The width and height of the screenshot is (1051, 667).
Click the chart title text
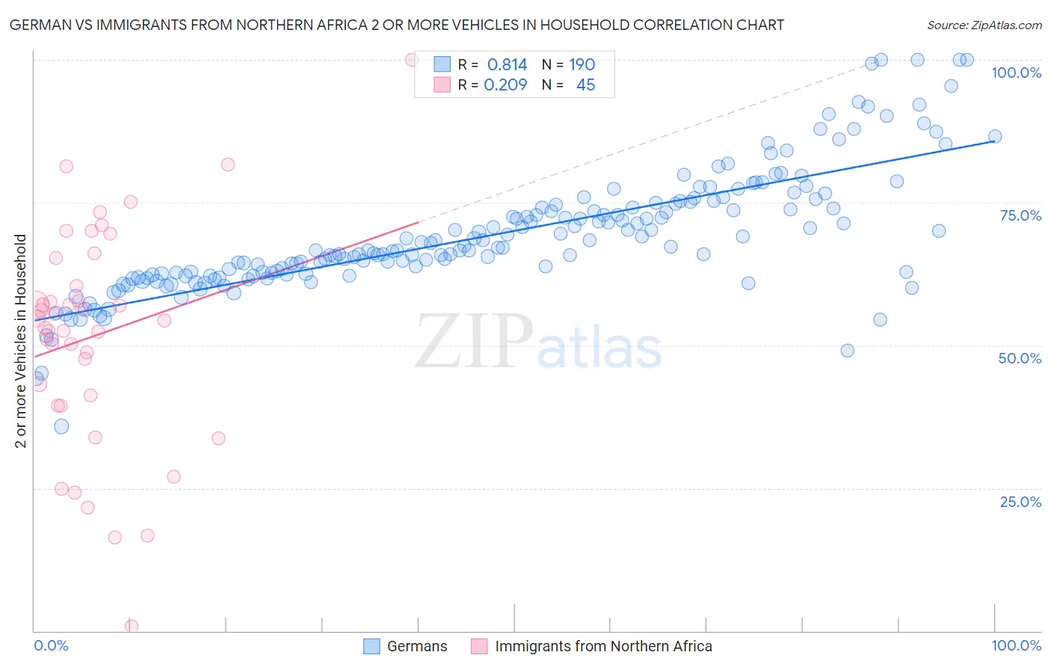coord(396,25)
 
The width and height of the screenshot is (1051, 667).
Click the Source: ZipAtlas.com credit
coord(984,25)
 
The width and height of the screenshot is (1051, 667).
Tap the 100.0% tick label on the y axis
coord(1016,73)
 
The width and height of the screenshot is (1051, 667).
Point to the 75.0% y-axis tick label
coord(1020,215)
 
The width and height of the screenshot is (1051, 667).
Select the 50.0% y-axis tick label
coord(1020,358)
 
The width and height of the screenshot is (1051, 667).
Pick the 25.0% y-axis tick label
coord(1020,502)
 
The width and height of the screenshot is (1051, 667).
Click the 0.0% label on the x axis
coord(51,646)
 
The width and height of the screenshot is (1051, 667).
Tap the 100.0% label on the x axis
coord(1016,646)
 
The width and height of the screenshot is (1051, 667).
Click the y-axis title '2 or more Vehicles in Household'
coord(21,341)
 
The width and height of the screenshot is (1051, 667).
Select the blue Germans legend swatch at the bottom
coord(372,646)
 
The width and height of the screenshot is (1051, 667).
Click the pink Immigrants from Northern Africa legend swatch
coord(479,646)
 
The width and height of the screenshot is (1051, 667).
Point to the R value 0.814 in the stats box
coord(507,64)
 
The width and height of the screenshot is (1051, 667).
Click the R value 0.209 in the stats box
coord(505,84)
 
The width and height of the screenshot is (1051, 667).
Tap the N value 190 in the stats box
coord(582,64)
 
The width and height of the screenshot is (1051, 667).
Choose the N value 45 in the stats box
coord(585,84)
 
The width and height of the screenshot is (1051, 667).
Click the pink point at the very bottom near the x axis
coord(132,626)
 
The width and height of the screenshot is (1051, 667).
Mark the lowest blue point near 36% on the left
coord(61,426)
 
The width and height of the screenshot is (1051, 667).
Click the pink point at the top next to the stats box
coord(411,60)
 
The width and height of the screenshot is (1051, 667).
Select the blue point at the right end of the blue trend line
coord(995,136)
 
